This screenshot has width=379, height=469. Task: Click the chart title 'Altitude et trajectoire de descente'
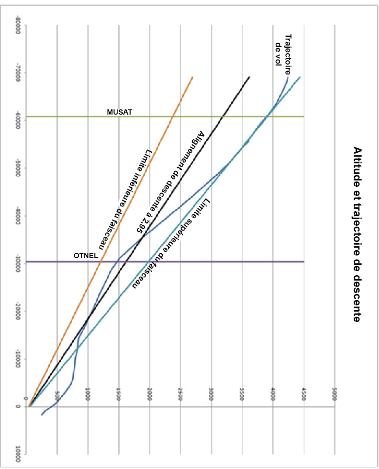pos(357,234)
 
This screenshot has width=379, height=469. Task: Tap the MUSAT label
pos(119,112)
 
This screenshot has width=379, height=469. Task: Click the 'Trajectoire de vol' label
pos(282,50)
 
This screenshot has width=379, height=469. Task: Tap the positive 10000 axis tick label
pos(18,455)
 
